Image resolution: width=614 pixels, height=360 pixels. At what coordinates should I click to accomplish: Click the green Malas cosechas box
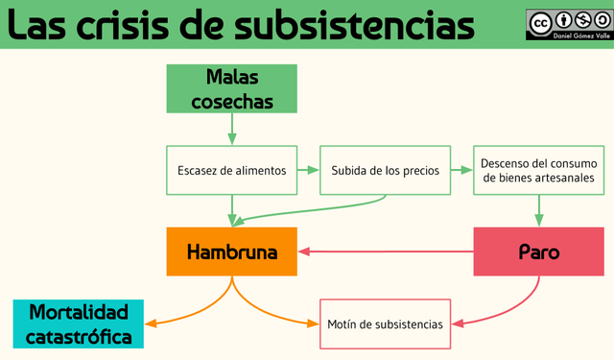click(232, 88)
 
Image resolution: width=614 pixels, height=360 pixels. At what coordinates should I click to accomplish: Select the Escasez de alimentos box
click(232, 171)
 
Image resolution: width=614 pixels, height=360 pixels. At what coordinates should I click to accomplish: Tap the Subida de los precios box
click(385, 171)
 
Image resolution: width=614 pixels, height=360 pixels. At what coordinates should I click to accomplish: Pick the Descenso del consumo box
click(538, 171)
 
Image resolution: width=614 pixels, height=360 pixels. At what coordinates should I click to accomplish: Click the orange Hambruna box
click(232, 252)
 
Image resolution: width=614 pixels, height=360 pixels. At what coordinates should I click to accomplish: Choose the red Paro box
click(538, 252)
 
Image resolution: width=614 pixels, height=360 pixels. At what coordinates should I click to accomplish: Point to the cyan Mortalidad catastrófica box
click(78, 324)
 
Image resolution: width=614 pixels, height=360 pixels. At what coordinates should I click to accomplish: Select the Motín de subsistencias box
click(385, 324)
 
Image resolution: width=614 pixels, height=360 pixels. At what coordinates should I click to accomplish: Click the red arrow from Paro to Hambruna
click(384, 252)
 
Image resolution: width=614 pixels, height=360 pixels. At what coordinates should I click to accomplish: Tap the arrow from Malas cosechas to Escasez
click(232, 130)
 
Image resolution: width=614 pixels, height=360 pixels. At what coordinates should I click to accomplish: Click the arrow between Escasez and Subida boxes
click(308, 171)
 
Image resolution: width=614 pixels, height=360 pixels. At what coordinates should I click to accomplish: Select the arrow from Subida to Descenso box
click(461, 171)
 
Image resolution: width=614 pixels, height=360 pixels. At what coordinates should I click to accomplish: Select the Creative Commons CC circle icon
click(540, 22)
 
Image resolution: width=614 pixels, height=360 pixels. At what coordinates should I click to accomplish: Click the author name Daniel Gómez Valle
click(568, 36)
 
